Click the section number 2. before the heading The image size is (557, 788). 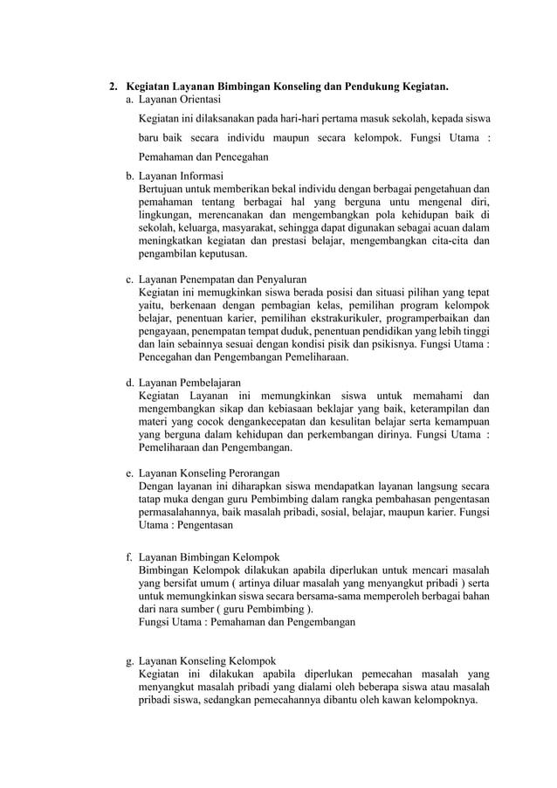113,87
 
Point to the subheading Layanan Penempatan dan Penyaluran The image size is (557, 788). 224,280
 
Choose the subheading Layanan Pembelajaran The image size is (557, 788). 189,383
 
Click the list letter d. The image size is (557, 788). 130,383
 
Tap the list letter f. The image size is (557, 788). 129,557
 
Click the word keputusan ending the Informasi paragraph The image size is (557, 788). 218,254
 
